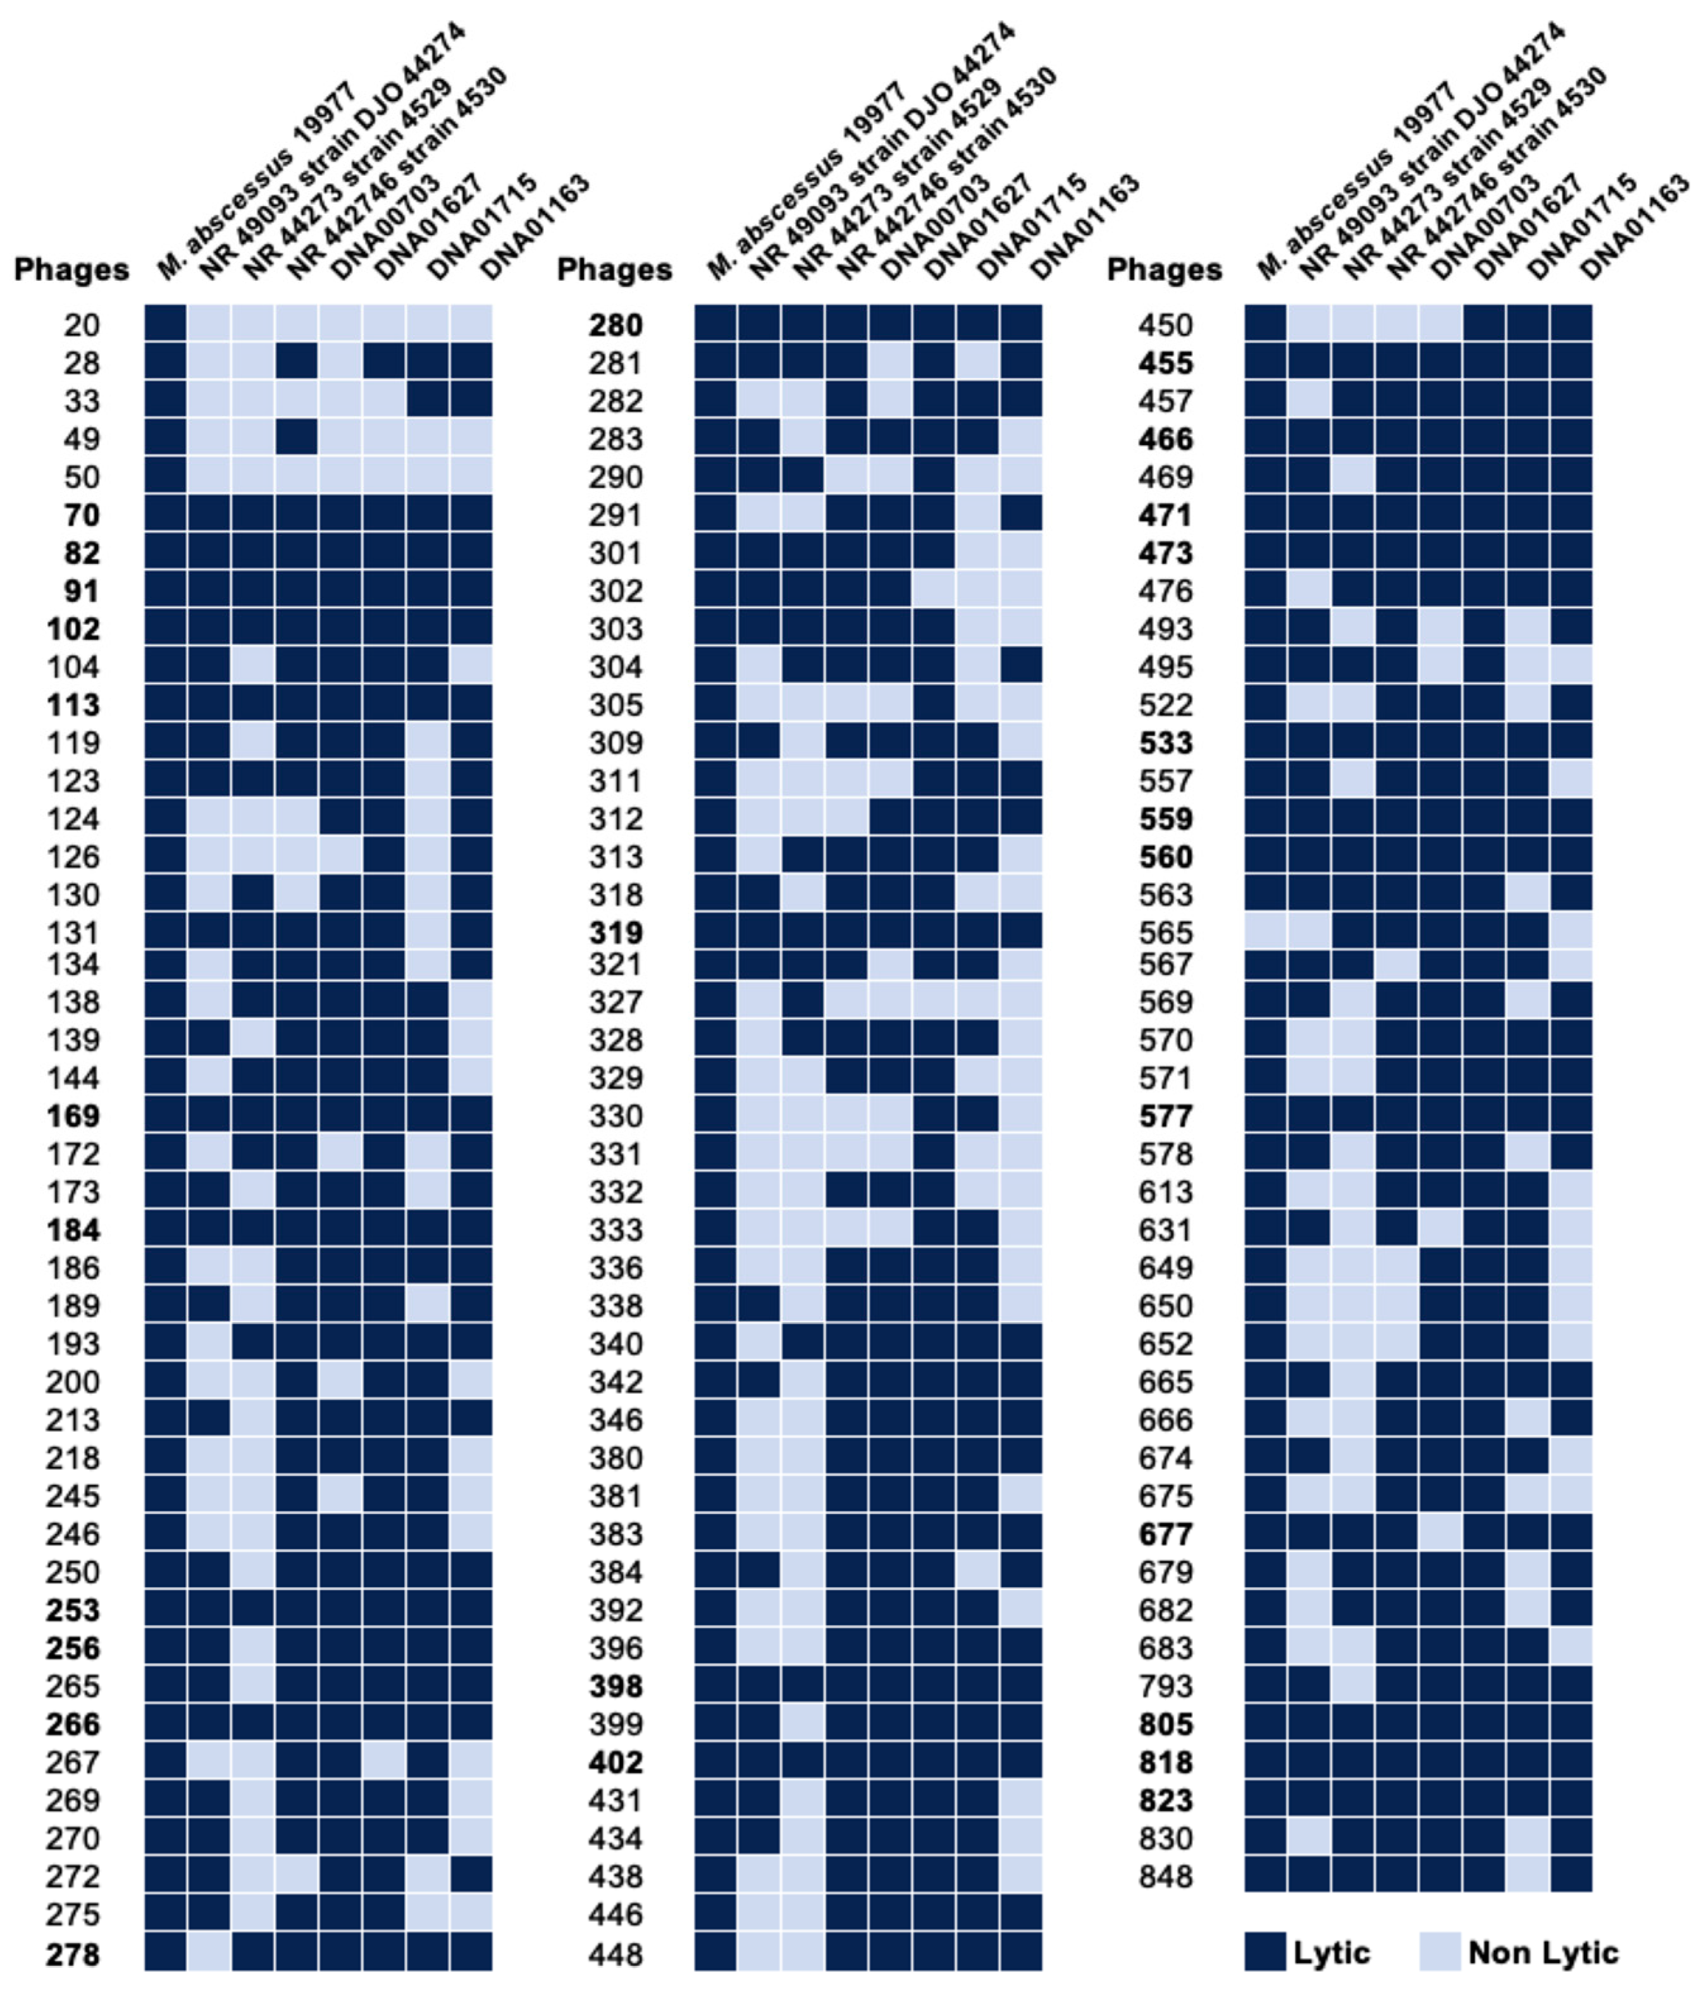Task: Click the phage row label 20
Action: tap(82, 326)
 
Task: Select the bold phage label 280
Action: tap(615, 326)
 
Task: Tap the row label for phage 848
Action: tap(1165, 1876)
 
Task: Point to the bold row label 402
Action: tap(615, 1762)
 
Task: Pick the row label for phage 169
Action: tap(73, 1116)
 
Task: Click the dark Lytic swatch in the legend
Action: tap(1264, 1951)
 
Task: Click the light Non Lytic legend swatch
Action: tap(1440, 1951)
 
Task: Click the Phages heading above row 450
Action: tap(1165, 270)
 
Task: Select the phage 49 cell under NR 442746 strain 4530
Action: tap(296, 438)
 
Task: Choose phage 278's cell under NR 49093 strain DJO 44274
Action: tap(209, 1953)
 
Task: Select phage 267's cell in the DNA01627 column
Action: tap(383, 1762)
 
